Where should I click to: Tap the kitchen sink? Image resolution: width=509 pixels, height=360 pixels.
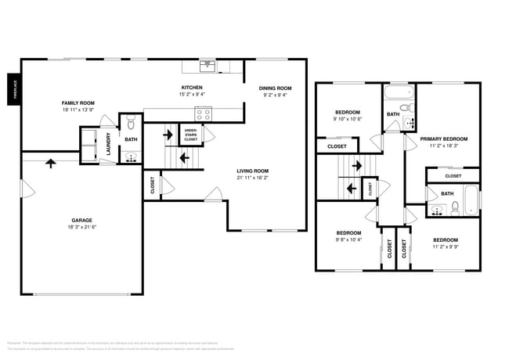point(207,65)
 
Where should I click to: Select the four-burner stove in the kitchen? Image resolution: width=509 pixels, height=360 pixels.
point(204,113)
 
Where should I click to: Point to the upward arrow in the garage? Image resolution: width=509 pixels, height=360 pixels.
point(52,164)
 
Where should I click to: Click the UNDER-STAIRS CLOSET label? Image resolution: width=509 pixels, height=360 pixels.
point(190,134)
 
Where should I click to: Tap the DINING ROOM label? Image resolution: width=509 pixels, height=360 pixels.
point(275,88)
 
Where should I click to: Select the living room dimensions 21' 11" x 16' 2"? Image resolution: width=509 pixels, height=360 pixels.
point(253,178)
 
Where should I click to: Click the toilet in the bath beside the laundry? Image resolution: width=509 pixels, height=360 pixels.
point(131,123)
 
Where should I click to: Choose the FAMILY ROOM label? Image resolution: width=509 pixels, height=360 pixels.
point(78,103)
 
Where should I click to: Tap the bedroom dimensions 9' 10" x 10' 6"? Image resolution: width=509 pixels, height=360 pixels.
point(348,120)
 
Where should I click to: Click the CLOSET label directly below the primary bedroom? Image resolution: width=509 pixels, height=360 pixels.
point(453,176)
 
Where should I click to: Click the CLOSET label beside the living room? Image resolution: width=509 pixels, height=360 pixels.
point(152,185)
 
